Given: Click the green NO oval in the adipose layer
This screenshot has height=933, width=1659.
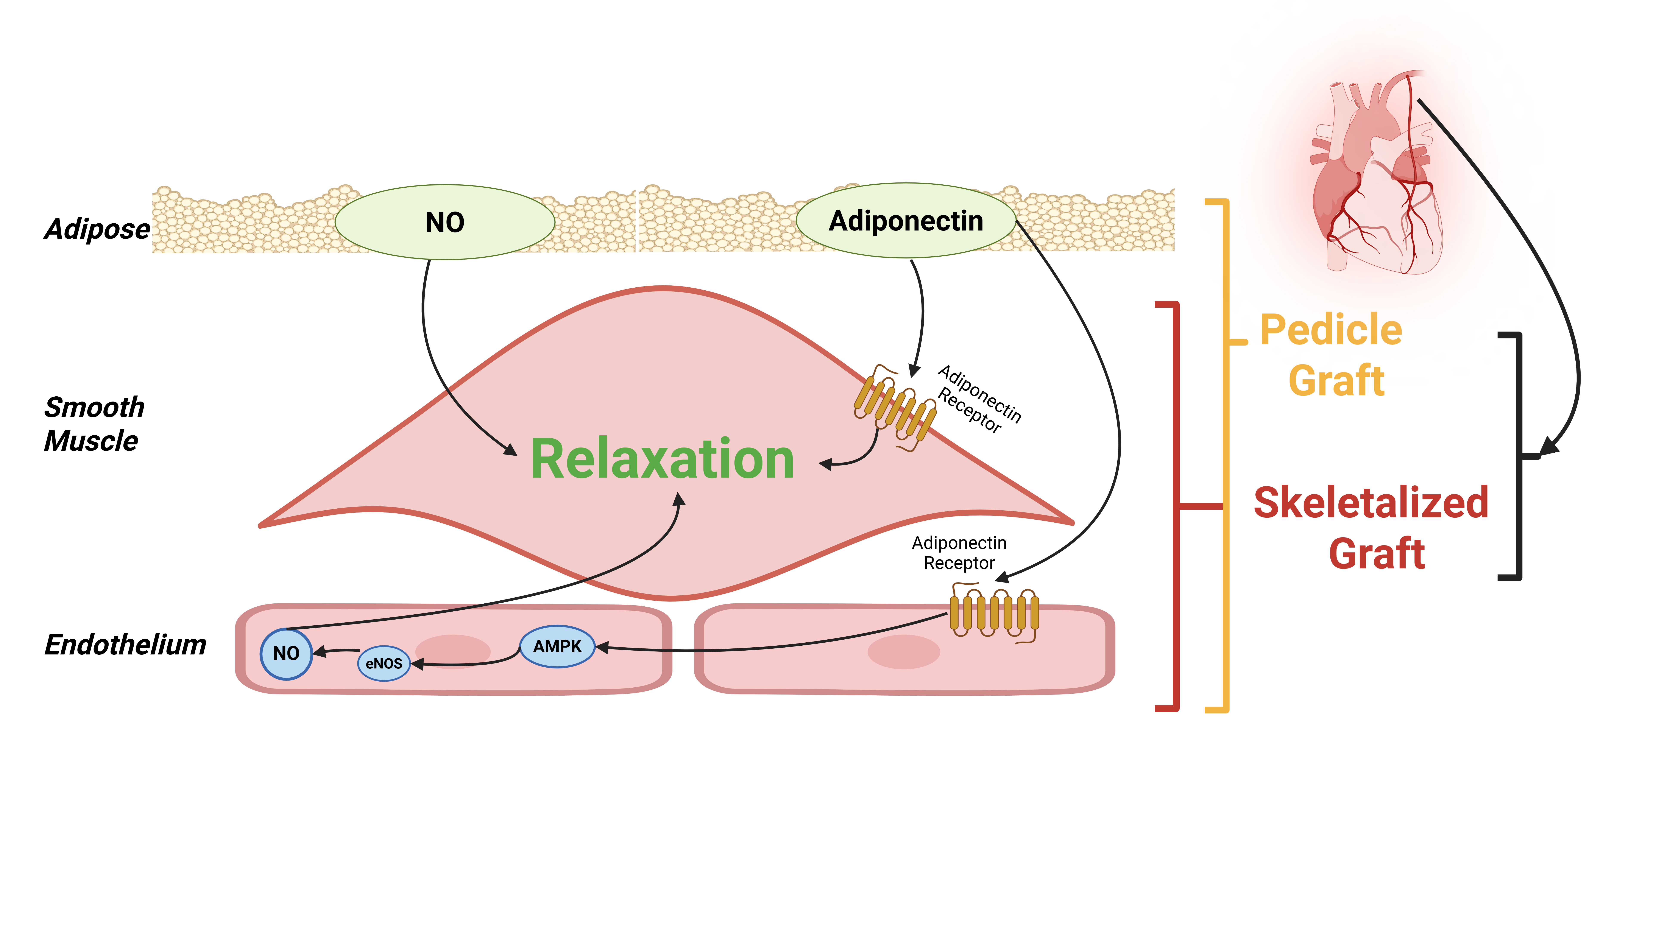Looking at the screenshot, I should pyautogui.click(x=444, y=222).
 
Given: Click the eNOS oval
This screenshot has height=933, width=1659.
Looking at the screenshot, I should pyautogui.click(x=384, y=663).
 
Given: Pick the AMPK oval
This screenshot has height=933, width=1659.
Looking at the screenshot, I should pyautogui.click(x=557, y=646).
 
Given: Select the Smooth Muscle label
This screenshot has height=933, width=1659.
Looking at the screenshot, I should pyautogui.click(x=93, y=424).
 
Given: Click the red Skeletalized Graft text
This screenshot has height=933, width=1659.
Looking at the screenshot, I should pyautogui.click(x=1372, y=528).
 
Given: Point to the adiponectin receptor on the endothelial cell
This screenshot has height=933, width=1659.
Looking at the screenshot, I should pyautogui.click(x=994, y=612).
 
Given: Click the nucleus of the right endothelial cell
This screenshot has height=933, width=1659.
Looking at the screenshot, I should pyautogui.click(x=904, y=652).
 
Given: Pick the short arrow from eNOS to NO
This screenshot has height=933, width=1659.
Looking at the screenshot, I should pyautogui.click(x=336, y=652).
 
